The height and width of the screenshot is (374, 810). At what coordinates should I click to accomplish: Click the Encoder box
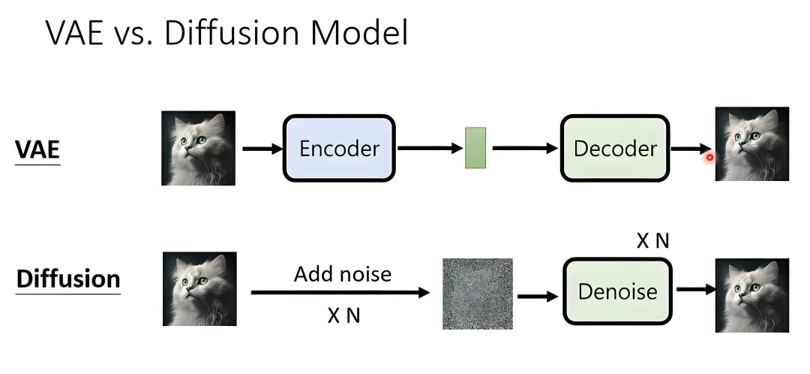[x=339, y=149]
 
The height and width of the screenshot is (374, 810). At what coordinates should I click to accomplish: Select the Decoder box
[x=615, y=149]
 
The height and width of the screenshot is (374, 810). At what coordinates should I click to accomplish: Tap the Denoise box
[x=618, y=291]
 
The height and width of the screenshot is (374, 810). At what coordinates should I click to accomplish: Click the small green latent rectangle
[x=475, y=148]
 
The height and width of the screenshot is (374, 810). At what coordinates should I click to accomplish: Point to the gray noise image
[x=478, y=294]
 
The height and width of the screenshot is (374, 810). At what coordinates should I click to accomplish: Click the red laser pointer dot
[x=709, y=157]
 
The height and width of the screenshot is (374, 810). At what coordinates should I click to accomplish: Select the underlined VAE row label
[x=37, y=150]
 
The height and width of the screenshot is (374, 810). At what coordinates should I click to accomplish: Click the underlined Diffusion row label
[x=68, y=279]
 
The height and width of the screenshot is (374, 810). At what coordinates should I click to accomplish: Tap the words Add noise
[x=343, y=273]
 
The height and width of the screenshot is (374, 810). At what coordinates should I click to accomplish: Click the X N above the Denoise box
[x=652, y=240]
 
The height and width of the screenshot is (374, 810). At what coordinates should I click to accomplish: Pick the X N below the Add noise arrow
[x=343, y=315]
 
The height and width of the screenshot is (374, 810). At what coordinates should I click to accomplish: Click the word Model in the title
[x=359, y=32]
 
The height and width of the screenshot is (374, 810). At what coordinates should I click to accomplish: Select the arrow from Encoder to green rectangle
[x=430, y=149]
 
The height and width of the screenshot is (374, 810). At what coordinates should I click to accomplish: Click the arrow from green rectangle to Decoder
[x=525, y=149]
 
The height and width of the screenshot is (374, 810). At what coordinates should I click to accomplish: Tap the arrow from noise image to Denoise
[x=538, y=297]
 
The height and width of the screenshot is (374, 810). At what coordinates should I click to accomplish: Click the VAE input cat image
[x=198, y=148]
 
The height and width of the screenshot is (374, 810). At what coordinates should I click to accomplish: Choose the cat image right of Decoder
[x=752, y=143]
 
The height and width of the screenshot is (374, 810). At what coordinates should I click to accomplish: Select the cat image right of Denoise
[x=752, y=295]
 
